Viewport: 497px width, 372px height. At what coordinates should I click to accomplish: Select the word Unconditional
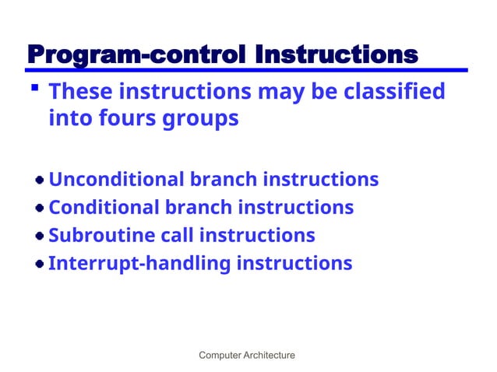click(117, 180)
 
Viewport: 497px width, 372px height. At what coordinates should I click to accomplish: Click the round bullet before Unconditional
click(38, 181)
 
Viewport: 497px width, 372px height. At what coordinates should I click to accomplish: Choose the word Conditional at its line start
click(101, 208)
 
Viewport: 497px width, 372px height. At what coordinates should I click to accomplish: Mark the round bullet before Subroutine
click(38, 237)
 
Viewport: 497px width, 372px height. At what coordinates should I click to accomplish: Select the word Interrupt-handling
click(139, 264)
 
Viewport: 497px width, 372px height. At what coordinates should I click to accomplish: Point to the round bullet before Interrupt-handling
click(38, 265)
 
